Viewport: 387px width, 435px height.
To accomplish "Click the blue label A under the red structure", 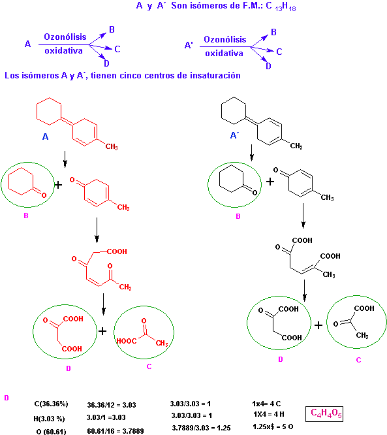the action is (45, 137).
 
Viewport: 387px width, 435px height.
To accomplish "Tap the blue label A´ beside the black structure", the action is (234, 135).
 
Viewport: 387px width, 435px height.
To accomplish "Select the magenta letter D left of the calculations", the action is (7, 398).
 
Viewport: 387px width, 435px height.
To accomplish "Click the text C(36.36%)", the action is (51, 404).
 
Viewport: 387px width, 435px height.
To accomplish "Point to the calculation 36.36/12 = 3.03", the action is (112, 405).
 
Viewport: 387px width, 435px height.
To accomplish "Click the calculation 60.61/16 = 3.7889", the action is (116, 431).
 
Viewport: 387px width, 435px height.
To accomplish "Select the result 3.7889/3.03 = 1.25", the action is (201, 428).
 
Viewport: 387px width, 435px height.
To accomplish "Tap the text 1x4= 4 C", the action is (266, 404).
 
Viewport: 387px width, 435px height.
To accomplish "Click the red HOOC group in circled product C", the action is (127, 341).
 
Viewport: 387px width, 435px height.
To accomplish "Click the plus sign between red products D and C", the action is (102, 331).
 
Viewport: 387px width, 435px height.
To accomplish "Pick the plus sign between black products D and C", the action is (318, 325).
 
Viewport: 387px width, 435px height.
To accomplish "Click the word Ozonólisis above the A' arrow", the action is (225, 39).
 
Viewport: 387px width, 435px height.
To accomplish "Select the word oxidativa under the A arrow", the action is (63, 51).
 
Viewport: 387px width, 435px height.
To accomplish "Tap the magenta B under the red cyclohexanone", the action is (26, 216).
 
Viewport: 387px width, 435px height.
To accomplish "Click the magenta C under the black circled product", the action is (358, 360).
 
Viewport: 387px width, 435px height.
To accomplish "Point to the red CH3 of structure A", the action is (112, 146).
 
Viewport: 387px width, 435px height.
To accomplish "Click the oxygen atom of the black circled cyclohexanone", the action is (255, 193).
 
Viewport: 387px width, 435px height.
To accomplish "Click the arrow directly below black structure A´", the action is (251, 153).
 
